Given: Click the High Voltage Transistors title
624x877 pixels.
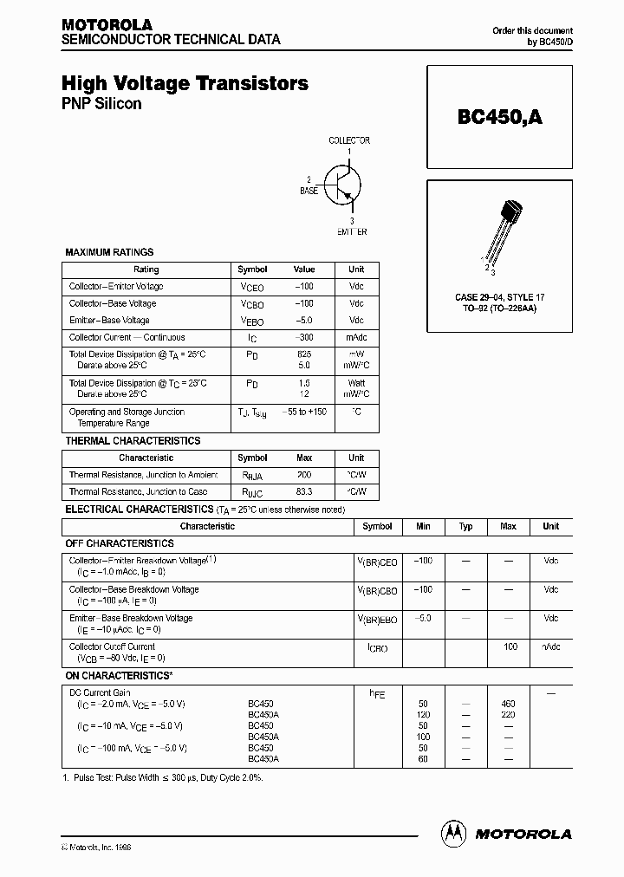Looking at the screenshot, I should pos(185,84).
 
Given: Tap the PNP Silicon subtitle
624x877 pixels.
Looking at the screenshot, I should pos(101,104).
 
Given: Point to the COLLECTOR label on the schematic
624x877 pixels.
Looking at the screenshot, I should pos(349,140).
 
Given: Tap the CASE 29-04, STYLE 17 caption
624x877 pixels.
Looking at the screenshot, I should pos(500,297).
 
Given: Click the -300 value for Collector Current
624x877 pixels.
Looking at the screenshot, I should pos(304,337).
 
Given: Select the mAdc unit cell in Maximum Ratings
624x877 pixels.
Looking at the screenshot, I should pos(356,337).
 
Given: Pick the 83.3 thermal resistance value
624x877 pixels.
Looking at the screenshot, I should pos(304,491).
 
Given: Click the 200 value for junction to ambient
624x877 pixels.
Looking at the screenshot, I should pos(304,475).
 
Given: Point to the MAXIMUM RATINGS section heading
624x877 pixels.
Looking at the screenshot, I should pos(109,252).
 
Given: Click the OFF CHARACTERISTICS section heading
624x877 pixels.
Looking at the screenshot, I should pos(120,543).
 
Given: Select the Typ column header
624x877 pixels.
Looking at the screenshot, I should pos(465,526).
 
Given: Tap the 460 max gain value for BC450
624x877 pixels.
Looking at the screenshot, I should pos(508,704).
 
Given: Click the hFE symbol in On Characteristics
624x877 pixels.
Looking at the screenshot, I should pos(377,693).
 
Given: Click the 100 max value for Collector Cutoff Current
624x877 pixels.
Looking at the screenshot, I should pos(510,646).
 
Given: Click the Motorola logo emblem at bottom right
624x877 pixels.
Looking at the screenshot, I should pos(453,833).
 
